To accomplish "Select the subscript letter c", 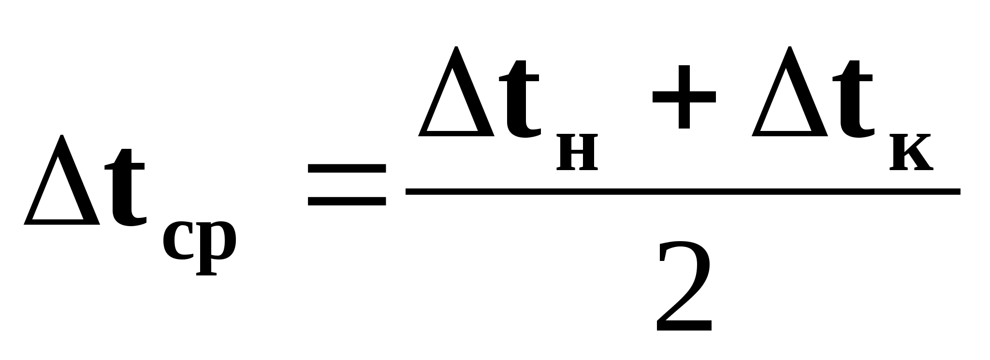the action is [x=177, y=241].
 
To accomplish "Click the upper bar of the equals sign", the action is [x=347, y=168].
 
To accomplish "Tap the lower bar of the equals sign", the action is [x=347, y=201].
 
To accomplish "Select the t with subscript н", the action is [x=520, y=101].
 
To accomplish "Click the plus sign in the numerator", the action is [x=684, y=97].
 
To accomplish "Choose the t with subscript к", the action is [x=856, y=101].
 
